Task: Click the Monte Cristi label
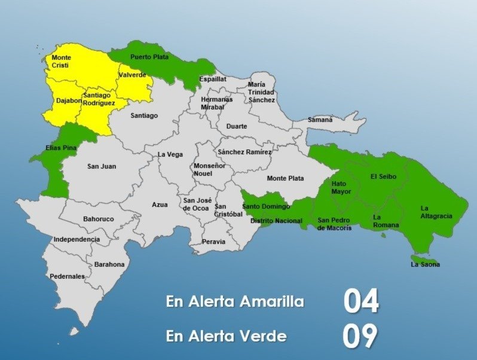click(x=61, y=61)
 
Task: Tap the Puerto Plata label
click(x=149, y=57)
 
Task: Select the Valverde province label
click(x=132, y=75)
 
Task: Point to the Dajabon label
click(x=69, y=100)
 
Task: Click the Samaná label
click(x=320, y=120)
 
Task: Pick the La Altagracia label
click(x=436, y=212)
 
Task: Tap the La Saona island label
click(x=425, y=264)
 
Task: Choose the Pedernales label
click(x=67, y=276)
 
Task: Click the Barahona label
click(x=109, y=264)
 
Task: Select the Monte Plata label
click(x=285, y=178)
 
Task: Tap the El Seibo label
click(x=383, y=176)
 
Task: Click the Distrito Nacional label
click(x=276, y=221)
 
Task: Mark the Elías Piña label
click(x=60, y=147)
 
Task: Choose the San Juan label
click(x=102, y=166)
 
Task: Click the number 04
click(x=361, y=302)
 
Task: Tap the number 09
click(x=360, y=337)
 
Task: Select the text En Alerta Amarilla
click(x=235, y=302)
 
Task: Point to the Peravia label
click(x=214, y=242)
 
